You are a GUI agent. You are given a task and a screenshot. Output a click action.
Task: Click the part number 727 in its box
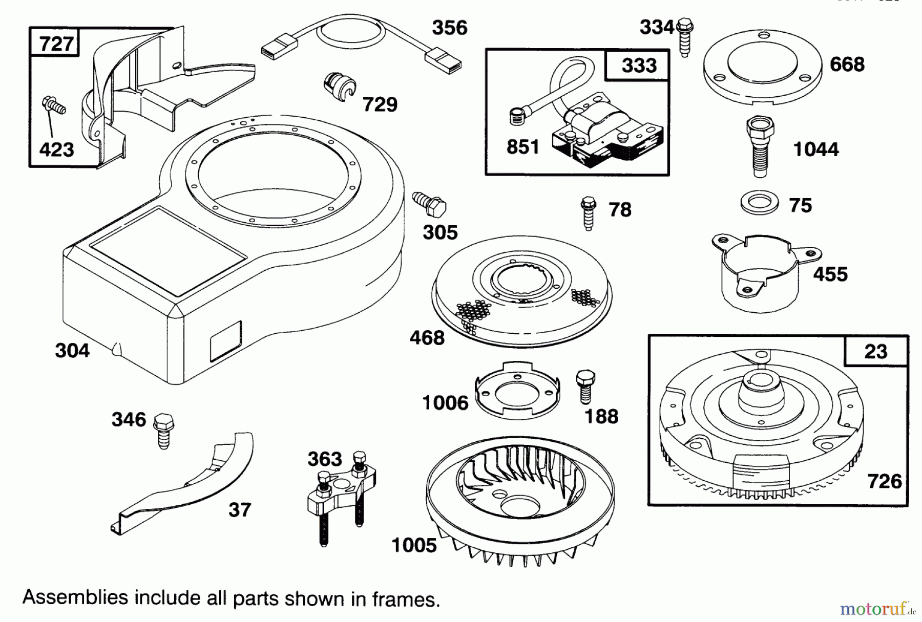[56, 44]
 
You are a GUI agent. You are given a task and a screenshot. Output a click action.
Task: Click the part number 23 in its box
[875, 352]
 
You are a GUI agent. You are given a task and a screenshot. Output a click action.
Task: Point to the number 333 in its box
[639, 65]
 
